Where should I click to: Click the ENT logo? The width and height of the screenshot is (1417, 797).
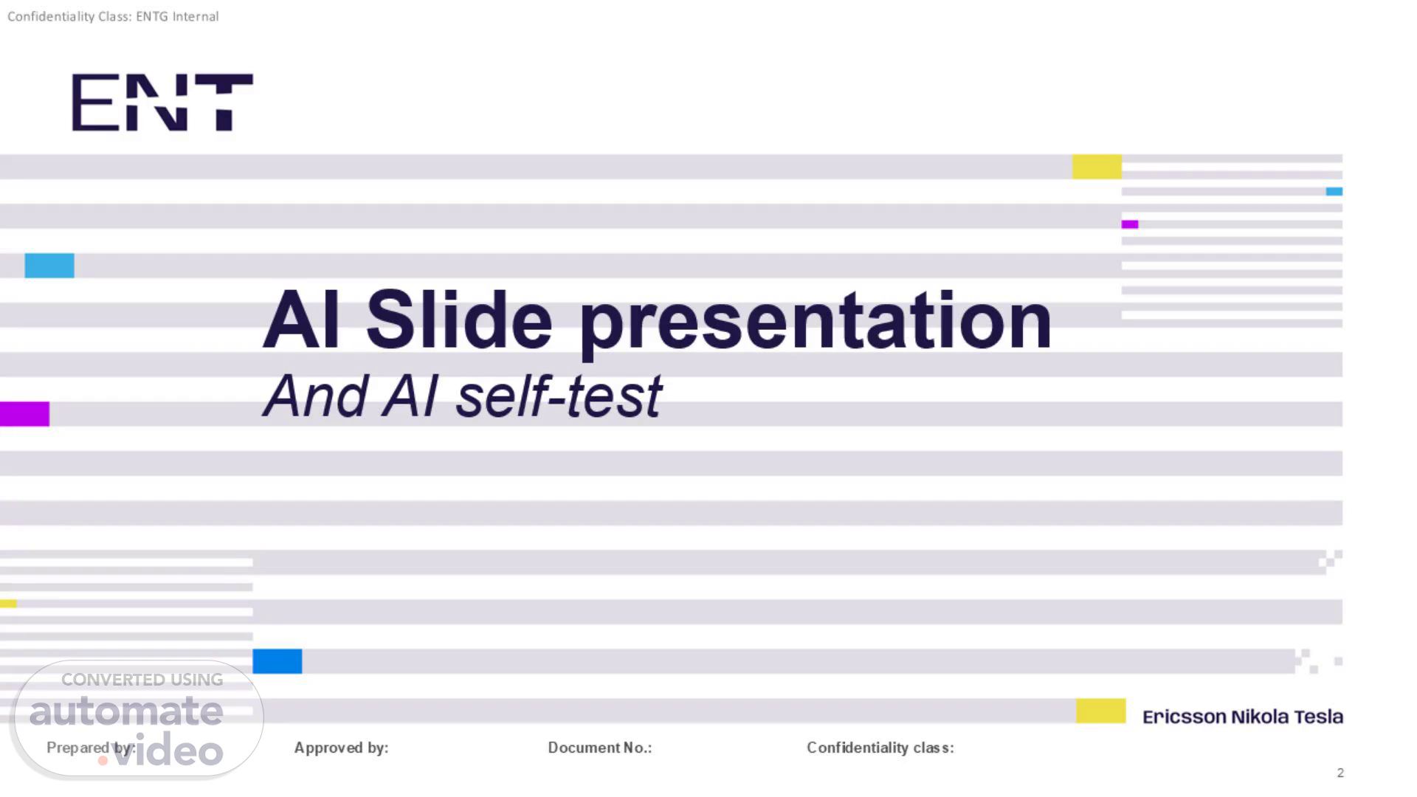tap(162, 103)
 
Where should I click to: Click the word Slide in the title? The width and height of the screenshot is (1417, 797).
tap(459, 320)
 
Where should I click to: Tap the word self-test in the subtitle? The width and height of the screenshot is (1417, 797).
tap(559, 396)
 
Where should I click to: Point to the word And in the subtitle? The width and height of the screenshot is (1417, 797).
tap(316, 396)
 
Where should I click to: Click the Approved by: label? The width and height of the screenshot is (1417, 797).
tap(342, 748)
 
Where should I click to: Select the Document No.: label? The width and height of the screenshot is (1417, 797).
tap(600, 748)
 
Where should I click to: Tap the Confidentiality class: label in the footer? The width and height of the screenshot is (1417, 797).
tap(880, 748)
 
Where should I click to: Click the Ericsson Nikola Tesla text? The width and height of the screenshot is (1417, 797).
tap(1243, 717)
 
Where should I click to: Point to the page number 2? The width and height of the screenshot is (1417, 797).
tap(1340, 773)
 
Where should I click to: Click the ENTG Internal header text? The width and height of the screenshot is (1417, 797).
tap(177, 16)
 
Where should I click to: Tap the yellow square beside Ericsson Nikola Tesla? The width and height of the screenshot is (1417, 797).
tap(1100, 711)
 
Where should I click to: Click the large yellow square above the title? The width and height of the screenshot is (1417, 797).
tap(1097, 167)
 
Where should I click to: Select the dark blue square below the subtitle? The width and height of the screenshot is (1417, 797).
tap(277, 661)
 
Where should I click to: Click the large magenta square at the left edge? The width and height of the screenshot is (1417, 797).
tap(24, 414)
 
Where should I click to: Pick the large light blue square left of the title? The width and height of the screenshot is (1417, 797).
tap(49, 266)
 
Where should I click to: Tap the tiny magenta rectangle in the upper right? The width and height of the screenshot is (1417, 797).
tap(1130, 224)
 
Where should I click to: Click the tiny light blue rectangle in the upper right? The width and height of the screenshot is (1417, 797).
tap(1334, 191)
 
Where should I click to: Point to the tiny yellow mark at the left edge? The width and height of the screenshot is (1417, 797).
tap(8, 604)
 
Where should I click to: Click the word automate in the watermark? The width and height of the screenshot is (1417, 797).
tap(126, 711)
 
